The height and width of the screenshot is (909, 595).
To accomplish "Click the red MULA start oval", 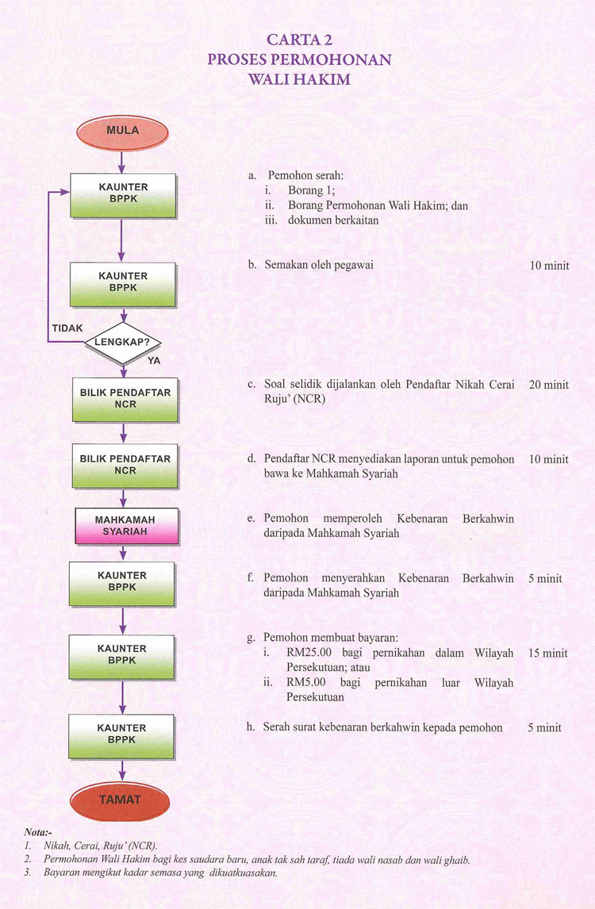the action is pos(122,132).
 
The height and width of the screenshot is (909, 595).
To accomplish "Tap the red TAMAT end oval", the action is pos(120,800).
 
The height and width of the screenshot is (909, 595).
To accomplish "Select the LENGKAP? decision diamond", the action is pos(123,343).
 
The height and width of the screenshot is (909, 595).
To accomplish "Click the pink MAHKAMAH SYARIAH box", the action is pos(126,526).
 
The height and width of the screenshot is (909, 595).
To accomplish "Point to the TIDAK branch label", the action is pos(67,328).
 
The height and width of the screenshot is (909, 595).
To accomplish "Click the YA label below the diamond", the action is pos(154,361).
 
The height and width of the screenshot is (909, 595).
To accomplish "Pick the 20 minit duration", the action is pos(549,385).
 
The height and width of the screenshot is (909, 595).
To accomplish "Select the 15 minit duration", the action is pos(548,653).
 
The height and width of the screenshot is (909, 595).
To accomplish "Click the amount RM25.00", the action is pos(309,653).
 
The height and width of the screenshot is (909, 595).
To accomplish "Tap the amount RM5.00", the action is pos(306,682).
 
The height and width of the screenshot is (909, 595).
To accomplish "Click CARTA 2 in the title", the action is pos(299,40).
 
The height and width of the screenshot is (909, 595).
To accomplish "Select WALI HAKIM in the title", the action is pos(299,79).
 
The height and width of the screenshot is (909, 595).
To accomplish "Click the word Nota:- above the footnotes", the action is pos(38,833).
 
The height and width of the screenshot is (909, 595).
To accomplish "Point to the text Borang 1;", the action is pos(312,190).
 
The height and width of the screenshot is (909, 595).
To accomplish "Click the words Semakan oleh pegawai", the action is pos(319,265).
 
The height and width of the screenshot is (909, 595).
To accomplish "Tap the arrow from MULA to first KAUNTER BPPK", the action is pos(122,162).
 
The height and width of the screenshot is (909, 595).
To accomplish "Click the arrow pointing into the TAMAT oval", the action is pos(122,770).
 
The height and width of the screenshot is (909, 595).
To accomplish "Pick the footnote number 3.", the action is pos(27,873).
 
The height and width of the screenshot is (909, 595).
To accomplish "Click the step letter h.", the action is pos(251,727).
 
